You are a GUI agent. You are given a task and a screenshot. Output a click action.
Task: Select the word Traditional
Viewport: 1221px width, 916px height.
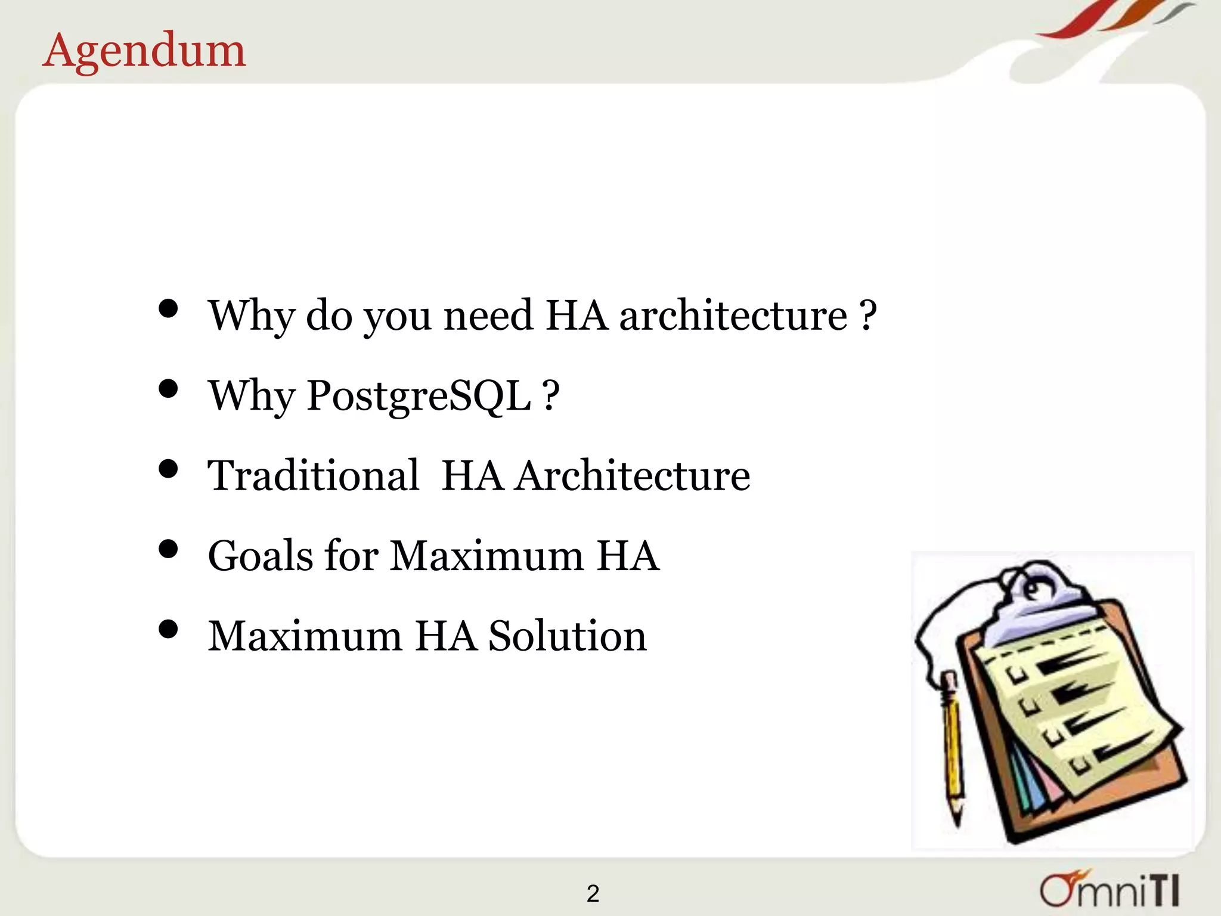point(313,476)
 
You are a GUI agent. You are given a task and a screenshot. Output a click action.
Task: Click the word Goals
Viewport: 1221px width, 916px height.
point(261,556)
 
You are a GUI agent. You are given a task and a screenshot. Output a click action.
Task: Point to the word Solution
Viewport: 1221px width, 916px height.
point(567,636)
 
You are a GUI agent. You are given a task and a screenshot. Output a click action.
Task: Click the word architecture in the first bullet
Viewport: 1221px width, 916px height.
point(733,315)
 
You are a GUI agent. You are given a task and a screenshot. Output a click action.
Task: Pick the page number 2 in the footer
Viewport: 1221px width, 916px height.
point(593,893)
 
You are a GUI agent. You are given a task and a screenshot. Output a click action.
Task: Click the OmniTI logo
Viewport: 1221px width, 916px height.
point(1110,889)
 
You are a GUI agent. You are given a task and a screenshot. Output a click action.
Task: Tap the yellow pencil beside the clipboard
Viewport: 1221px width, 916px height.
point(952,745)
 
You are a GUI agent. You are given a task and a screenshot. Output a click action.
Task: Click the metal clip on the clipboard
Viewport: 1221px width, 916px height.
point(1037,602)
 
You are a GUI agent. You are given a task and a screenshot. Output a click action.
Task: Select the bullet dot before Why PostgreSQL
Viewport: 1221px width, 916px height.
point(169,389)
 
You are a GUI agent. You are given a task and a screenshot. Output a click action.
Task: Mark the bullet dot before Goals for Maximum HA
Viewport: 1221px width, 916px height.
point(169,549)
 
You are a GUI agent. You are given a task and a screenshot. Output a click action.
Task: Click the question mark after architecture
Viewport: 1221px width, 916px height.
point(868,315)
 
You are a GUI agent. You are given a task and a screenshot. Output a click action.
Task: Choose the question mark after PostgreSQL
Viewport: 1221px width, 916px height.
point(551,395)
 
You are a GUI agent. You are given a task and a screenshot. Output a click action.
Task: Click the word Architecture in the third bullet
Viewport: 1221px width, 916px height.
point(633,476)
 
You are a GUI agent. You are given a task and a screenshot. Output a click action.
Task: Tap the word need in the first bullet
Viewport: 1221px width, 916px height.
point(488,315)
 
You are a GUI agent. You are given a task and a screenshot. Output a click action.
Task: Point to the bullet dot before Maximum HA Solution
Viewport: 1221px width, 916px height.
point(169,629)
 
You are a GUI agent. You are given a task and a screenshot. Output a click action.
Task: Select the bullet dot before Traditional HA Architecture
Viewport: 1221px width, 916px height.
point(169,469)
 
